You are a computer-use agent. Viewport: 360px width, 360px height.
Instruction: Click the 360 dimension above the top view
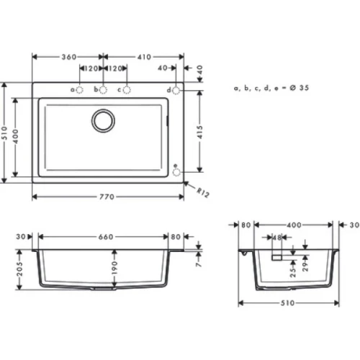click(x=69, y=55)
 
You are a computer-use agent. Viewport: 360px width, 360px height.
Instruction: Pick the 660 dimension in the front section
click(x=105, y=235)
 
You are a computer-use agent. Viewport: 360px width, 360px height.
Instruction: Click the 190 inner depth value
click(x=114, y=268)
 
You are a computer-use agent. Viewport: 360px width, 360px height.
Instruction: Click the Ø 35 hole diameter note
click(x=274, y=87)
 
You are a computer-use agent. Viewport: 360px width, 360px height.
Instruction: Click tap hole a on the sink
click(x=79, y=89)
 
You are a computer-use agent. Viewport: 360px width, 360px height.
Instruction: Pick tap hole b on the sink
click(x=103, y=89)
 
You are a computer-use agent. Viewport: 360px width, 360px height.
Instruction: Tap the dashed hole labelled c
click(x=127, y=89)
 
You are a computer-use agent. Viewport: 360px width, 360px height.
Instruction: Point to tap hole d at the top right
click(x=176, y=89)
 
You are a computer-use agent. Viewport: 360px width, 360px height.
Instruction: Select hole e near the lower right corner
click(x=176, y=171)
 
